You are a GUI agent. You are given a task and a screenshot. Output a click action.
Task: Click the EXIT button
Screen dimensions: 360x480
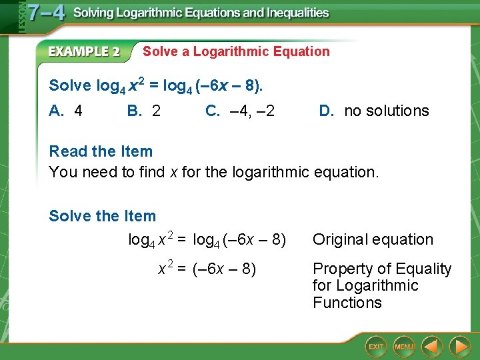376,346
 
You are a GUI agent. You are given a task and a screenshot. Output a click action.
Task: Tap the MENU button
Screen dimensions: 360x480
404,346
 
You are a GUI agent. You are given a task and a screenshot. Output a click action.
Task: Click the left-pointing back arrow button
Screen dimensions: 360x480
433,346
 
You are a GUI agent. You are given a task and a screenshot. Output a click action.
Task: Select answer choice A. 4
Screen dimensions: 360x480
66,111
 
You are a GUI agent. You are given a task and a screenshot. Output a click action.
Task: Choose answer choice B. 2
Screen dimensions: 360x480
143,111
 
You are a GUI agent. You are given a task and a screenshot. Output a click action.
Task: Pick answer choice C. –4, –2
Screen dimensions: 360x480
240,111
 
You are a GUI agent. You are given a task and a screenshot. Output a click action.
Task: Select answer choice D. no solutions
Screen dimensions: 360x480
374,111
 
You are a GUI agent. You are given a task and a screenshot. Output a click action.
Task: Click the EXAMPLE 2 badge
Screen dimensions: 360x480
84,51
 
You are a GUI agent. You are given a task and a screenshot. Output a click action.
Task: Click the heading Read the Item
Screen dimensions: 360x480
101,151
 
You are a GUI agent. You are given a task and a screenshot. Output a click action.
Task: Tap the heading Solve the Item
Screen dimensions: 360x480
102,216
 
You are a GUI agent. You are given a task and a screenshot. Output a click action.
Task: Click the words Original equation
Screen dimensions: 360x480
373,239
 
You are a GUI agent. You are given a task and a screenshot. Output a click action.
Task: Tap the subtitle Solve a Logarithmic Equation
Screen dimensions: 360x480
236,51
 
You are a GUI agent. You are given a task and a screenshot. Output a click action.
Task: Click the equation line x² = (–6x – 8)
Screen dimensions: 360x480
207,269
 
